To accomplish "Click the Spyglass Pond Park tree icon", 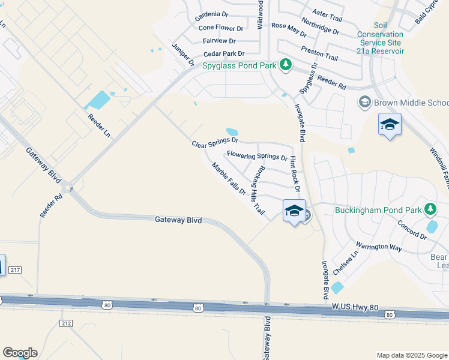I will click(286, 64).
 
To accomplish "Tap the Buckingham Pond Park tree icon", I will click(430, 209).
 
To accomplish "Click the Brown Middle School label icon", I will click(364, 103).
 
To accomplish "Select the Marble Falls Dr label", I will click(229, 178).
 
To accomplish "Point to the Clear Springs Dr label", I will click(215, 143).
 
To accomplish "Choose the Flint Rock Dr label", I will click(294, 173).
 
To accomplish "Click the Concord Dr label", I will click(412, 230).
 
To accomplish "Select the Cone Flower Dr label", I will click(221, 28).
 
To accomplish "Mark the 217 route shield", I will click(15, 271).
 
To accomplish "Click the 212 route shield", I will click(66, 323).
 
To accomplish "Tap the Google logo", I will click(20, 353).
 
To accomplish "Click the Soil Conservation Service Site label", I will click(381, 34).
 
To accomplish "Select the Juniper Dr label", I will click(183, 55).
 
